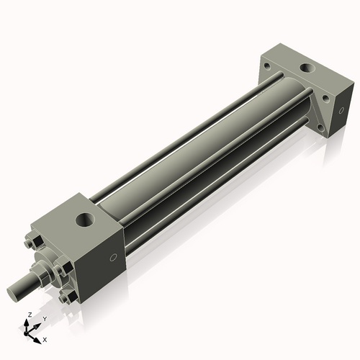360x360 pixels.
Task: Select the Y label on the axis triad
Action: point(44,318)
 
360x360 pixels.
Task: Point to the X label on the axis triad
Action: point(45,338)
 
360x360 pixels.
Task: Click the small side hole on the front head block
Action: point(112,258)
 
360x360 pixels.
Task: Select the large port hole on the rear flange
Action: point(307,69)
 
